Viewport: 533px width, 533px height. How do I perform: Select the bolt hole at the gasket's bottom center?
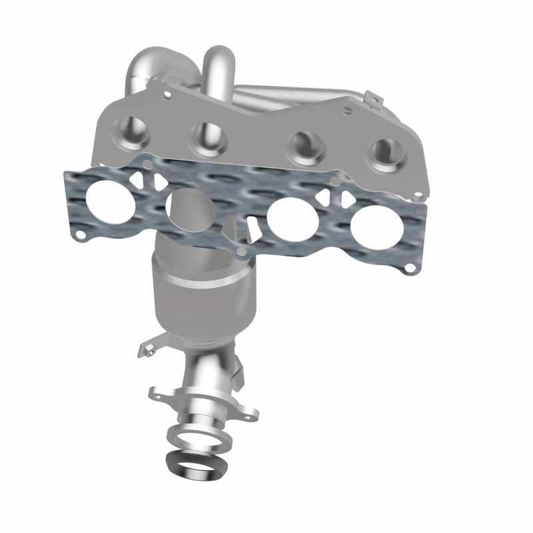pos(242,250)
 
